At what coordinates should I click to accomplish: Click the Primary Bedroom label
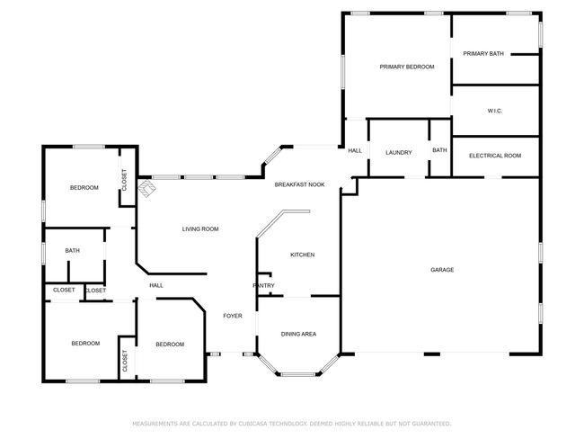[407, 67]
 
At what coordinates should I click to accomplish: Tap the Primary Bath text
[483, 54]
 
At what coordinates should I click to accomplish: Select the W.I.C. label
[495, 112]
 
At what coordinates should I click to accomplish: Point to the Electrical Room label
[495, 156]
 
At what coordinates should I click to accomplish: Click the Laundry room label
[399, 153]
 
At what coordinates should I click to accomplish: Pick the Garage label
[442, 270]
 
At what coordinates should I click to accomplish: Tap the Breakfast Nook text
[299, 184]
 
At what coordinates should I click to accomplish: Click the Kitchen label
[303, 255]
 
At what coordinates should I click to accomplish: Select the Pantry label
[263, 286]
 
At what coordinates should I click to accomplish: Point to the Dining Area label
[298, 334]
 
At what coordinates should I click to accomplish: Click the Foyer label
[233, 316]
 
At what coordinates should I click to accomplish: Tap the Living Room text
[200, 229]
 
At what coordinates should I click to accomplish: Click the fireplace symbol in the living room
[147, 188]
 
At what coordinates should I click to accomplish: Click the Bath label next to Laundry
[439, 150]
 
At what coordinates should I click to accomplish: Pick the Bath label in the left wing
[72, 251]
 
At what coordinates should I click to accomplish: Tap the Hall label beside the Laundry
[355, 151]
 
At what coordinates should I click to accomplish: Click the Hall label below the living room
[156, 286]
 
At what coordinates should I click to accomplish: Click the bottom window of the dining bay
[297, 374]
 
